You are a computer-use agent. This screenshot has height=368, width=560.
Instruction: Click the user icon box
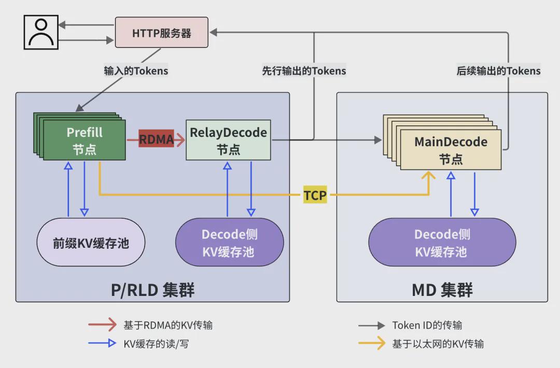coord(41,32)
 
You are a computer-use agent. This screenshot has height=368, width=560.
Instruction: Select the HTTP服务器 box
coord(161,33)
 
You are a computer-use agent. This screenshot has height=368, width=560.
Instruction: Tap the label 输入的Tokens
coord(136,70)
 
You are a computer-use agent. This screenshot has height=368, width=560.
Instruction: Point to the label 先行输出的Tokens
coord(304,70)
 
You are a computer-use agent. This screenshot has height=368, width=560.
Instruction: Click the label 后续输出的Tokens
coord(499,70)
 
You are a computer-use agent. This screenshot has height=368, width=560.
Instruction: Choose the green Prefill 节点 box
coord(85,140)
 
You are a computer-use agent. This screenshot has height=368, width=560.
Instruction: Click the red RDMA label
coord(156,139)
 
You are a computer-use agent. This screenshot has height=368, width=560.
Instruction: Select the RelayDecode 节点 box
coord(228,140)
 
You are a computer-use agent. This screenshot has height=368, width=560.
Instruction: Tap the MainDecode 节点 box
coord(451,150)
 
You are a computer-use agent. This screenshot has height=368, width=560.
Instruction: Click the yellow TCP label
coord(315,195)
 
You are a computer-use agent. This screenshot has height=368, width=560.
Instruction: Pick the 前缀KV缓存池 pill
coord(91,243)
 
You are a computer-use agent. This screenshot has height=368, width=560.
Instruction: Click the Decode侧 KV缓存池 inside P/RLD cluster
coord(230,243)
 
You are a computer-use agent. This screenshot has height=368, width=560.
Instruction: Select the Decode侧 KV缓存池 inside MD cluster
coord(442,243)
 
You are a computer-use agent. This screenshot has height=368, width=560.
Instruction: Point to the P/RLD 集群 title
coord(153,290)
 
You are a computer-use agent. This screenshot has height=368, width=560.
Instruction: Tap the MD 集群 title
coord(442,290)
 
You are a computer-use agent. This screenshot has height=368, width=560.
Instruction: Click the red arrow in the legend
coord(103,324)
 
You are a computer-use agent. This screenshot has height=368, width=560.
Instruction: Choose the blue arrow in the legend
coord(103,343)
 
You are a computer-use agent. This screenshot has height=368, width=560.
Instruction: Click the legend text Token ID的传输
coord(427,325)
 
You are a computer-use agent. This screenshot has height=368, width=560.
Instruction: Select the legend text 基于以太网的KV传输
coord(438,344)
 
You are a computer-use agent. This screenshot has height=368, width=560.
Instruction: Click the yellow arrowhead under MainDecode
coord(429,176)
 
